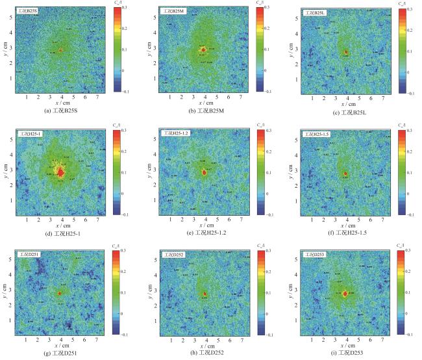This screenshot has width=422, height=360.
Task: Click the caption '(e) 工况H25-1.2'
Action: [x=205, y=232]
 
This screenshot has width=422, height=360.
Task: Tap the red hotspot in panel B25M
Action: [x=203, y=49]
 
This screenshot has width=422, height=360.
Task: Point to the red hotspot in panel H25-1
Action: [x=60, y=172]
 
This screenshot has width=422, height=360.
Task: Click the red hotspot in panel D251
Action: [x=60, y=294]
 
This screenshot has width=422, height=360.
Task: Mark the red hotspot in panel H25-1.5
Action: [x=345, y=174]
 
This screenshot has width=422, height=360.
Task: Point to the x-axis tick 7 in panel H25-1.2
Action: [x=240, y=218]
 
